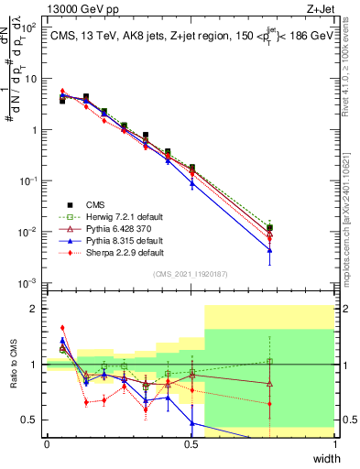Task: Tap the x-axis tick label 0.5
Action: [x=191, y=444]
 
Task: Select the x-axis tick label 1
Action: [x=334, y=444]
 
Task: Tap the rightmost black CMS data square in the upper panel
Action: [x=269, y=227]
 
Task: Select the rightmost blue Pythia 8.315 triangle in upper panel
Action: [x=269, y=249]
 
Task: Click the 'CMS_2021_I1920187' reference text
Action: [x=191, y=274]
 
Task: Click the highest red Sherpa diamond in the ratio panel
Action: [x=62, y=327]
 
